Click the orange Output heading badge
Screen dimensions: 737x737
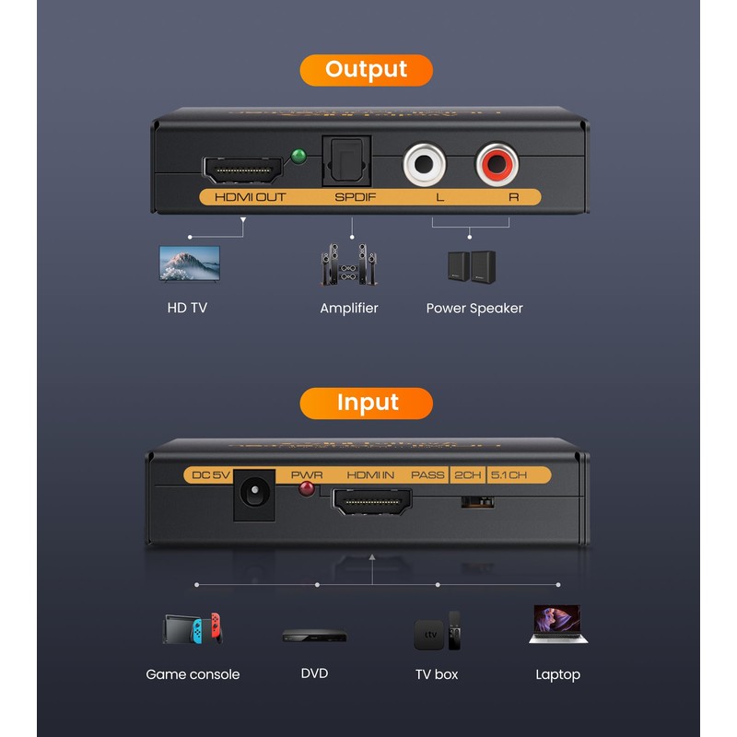click(x=366, y=70)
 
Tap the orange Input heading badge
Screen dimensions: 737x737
click(x=366, y=403)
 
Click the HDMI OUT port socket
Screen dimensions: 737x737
click(x=242, y=170)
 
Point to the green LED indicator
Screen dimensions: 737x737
click(x=298, y=157)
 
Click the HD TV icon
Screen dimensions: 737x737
click(x=190, y=263)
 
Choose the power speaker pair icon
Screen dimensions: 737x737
click(x=472, y=267)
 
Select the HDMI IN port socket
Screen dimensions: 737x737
click(x=371, y=501)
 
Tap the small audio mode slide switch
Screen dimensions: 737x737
click(x=477, y=501)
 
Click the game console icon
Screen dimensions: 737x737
click(x=193, y=629)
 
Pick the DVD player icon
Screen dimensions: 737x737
click(x=314, y=635)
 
